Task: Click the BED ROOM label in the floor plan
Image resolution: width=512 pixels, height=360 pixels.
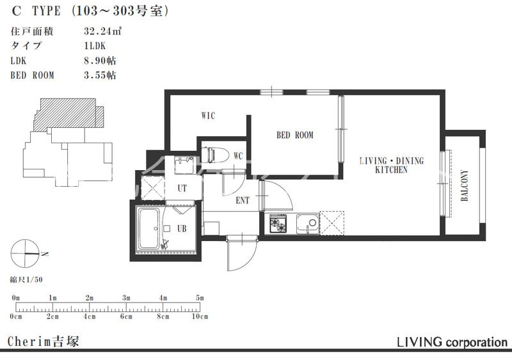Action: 294,135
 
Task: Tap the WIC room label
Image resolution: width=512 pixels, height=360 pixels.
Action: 208,116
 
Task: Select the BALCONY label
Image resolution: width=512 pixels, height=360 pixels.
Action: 464,185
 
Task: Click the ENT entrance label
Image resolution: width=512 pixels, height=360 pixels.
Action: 243,201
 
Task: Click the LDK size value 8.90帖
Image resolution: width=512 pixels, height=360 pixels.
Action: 100,60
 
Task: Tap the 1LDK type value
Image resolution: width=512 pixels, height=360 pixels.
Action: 95,45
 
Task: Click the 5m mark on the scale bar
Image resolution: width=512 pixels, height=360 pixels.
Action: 200,298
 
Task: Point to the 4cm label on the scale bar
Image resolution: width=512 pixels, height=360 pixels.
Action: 89,317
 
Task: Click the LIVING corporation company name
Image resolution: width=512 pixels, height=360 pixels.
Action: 452,342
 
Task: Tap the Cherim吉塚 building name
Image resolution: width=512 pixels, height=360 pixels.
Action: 43,341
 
